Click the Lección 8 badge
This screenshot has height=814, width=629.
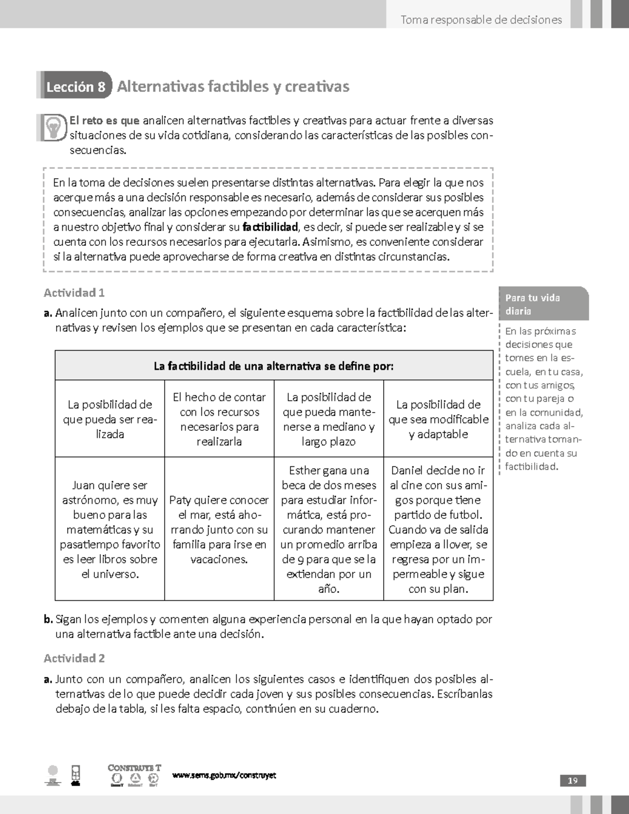(75, 86)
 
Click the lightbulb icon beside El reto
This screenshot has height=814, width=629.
(53, 127)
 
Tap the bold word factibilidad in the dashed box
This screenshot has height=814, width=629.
(270, 227)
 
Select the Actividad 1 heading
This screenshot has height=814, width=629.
(74, 292)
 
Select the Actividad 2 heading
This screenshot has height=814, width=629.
(74, 658)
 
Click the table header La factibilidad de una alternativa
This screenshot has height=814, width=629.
(274, 366)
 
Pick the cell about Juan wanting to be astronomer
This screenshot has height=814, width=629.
(110, 529)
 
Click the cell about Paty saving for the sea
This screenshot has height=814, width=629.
(219, 529)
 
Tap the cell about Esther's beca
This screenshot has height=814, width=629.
(329, 529)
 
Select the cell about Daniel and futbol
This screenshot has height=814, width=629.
(438, 529)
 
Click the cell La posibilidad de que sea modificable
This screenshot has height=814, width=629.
(438, 419)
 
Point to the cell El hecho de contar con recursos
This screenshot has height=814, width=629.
(219, 419)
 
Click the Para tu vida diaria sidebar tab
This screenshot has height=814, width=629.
(544, 304)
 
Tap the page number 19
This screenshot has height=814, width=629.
(572, 780)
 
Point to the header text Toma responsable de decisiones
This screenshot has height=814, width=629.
(481, 20)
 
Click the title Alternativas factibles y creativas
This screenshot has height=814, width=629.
(233, 86)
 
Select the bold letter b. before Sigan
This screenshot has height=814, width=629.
(48, 620)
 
